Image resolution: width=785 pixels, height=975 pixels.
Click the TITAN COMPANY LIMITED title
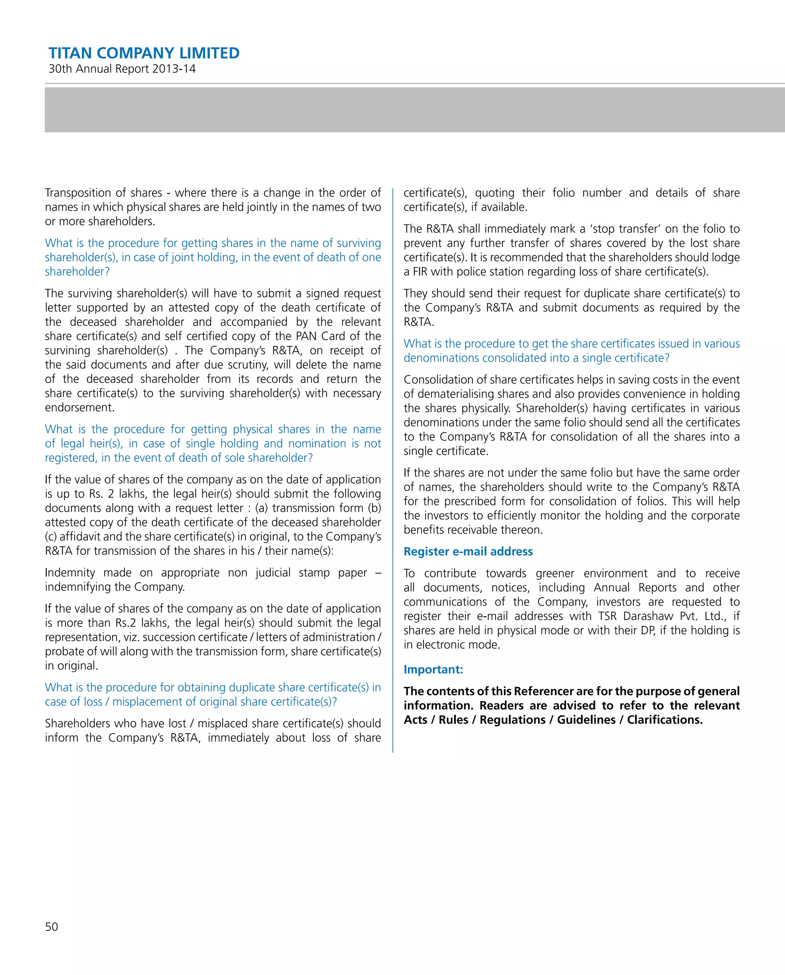144,53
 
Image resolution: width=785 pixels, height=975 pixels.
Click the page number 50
52,927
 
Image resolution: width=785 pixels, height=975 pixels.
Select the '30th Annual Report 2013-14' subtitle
122,69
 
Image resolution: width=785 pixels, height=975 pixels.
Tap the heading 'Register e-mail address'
468,551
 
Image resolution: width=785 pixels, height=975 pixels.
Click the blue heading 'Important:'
433,669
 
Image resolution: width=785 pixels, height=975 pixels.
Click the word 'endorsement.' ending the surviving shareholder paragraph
80,408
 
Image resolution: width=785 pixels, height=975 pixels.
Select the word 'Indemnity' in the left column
70,572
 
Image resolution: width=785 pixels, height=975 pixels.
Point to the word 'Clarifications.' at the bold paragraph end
665,719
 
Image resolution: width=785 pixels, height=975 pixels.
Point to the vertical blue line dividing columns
393,470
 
